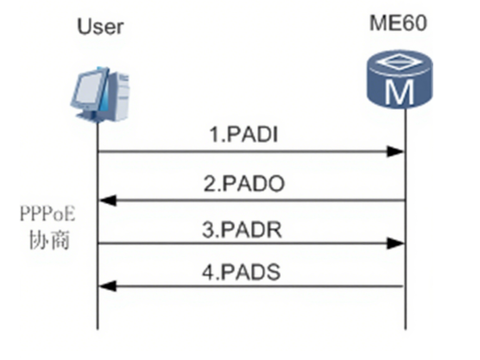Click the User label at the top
pyautogui.click(x=100, y=27)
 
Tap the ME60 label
pyautogui.click(x=398, y=23)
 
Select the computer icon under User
pyautogui.click(x=100, y=94)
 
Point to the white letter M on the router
pyautogui.click(x=400, y=92)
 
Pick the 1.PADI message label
pyautogui.click(x=244, y=134)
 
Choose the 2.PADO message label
pyautogui.click(x=244, y=184)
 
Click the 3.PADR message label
pyautogui.click(x=242, y=230)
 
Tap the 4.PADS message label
pyautogui.click(x=241, y=272)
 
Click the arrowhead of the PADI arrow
pyautogui.click(x=395, y=151)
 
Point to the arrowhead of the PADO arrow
pyautogui.click(x=108, y=200)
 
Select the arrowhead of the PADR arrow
pyautogui.click(x=395, y=243)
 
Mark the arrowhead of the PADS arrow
pyautogui.click(x=108, y=286)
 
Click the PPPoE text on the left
pyautogui.click(x=47, y=214)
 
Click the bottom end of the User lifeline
pyautogui.click(x=98, y=329)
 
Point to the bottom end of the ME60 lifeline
pyautogui.click(x=406, y=329)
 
